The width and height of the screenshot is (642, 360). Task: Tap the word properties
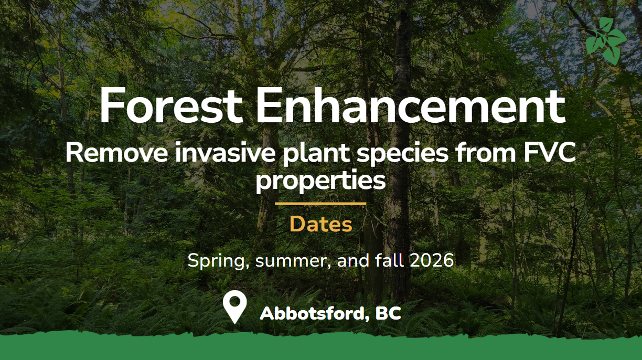click(320, 181)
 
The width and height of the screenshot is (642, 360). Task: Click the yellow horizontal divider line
click(320, 204)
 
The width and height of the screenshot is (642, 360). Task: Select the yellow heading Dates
click(320, 224)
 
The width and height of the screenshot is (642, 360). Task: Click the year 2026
click(432, 260)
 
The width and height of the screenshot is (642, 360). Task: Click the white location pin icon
click(235, 307)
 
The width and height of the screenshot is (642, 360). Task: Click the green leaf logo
click(606, 41)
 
